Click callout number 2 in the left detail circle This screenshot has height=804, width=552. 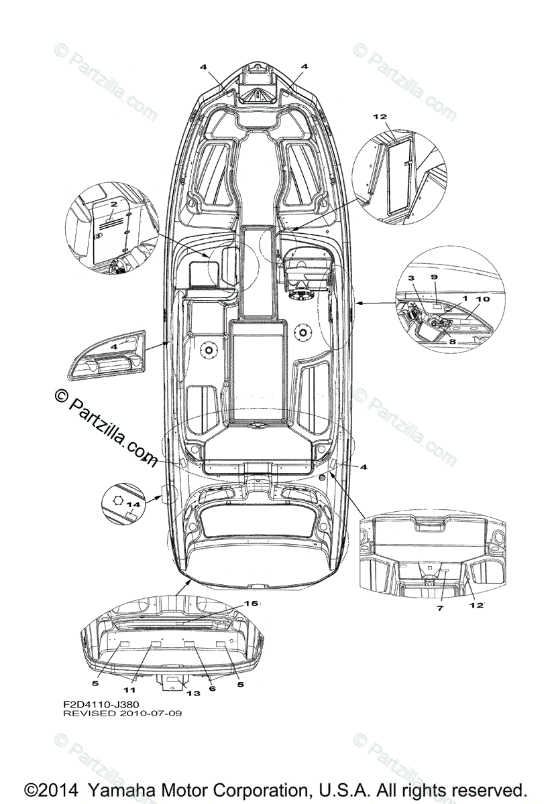(x=113, y=204)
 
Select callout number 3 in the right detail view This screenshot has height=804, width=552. (x=411, y=277)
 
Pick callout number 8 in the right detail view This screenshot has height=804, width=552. (x=451, y=341)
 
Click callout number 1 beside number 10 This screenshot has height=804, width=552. (x=464, y=297)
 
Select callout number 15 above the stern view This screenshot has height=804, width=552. (x=250, y=604)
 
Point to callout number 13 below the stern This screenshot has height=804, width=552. (x=193, y=693)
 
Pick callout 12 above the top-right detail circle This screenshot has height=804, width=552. (x=380, y=117)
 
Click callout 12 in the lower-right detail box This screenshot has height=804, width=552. (x=478, y=605)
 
